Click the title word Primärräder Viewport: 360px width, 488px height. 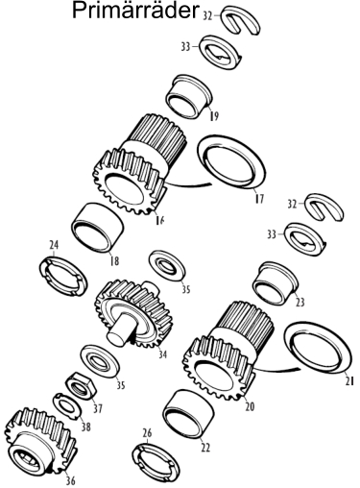(135, 11)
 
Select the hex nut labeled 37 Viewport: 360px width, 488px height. (80, 385)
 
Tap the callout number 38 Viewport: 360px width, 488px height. (85, 427)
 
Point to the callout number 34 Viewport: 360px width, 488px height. (162, 354)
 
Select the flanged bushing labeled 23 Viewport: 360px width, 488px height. (276, 283)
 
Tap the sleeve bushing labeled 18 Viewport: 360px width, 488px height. (97, 228)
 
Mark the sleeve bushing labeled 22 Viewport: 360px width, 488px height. (188, 414)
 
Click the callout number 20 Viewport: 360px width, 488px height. (250, 406)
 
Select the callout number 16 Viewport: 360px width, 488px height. (159, 220)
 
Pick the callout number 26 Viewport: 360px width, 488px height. (147, 433)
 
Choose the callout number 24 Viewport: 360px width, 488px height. (54, 245)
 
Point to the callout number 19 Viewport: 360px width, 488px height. (214, 115)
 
